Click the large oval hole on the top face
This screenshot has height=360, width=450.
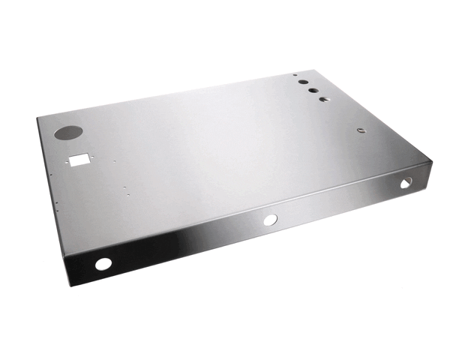(68, 132)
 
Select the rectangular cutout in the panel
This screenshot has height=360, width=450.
(79, 158)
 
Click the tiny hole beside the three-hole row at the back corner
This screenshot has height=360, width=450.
(295, 76)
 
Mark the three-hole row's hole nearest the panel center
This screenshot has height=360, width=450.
(324, 99)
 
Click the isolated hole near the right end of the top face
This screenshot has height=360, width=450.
(361, 130)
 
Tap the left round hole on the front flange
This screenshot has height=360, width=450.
(103, 264)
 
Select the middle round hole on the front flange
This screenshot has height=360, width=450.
(270, 220)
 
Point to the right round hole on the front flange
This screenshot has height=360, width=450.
(405, 183)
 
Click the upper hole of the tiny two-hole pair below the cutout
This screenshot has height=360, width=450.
(124, 187)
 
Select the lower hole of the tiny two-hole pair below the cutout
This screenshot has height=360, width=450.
(128, 195)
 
